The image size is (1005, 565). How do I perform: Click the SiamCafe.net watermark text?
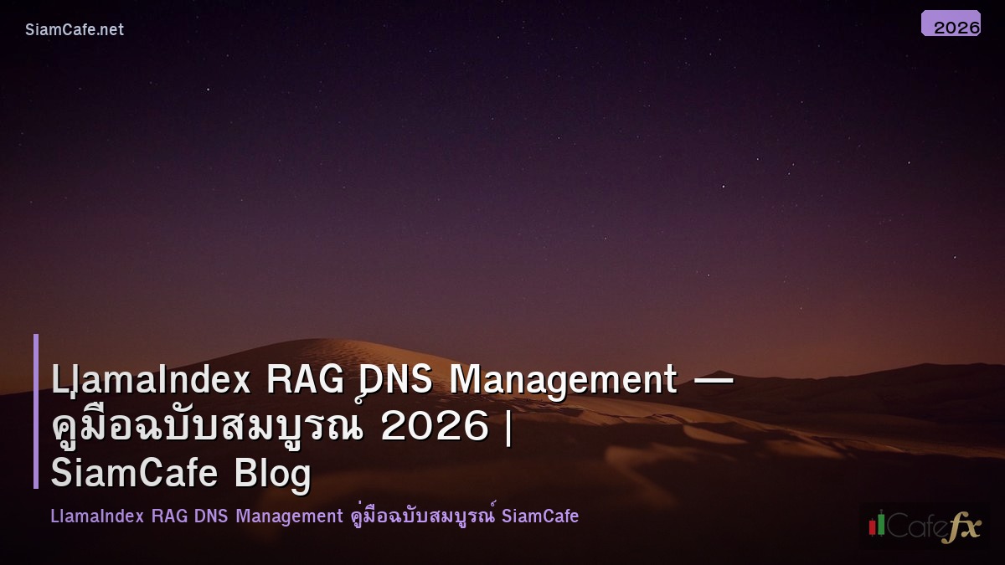click(x=75, y=30)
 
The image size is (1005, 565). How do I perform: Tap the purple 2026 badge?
click(x=951, y=24)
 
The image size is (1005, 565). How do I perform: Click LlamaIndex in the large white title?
click(x=151, y=381)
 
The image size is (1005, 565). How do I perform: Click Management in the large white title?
click(x=563, y=381)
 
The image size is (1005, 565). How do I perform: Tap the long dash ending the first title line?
click(x=714, y=381)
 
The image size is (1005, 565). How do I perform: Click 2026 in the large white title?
click(x=434, y=427)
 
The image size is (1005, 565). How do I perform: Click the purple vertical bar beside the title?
click(x=36, y=411)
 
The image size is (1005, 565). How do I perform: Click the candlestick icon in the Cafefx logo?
click(x=877, y=524)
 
